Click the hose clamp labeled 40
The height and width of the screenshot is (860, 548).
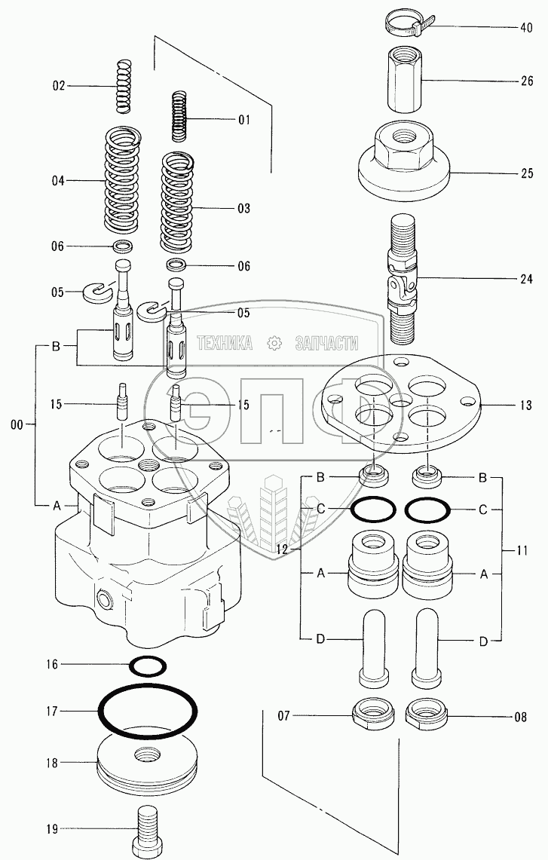click(407, 25)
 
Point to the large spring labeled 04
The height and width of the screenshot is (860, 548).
click(123, 180)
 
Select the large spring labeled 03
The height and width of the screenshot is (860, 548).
click(177, 203)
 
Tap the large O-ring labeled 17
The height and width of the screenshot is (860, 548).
click(148, 710)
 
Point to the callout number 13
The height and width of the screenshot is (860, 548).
click(525, 406)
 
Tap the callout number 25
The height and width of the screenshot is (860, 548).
click(526, 173)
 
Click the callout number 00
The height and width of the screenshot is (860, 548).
click(17, 424)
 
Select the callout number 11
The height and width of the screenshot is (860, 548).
click(522, 550)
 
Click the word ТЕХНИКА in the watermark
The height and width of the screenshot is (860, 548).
click(225, 344)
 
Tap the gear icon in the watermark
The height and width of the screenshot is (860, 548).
click(274, 344)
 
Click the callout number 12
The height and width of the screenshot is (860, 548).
click(282, 548)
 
